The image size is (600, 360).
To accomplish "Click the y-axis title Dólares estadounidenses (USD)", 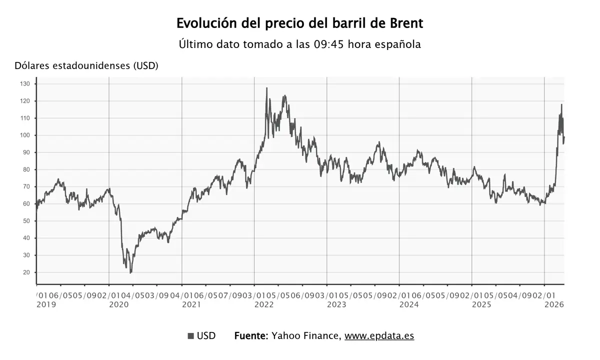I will (x=86, y=65).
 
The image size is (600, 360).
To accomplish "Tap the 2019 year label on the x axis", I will (x=46, y=304).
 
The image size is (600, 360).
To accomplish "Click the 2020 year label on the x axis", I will (x=119, y=304).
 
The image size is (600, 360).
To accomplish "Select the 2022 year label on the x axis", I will (x=264, y=304).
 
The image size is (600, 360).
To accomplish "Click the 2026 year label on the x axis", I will (x=554, y=304).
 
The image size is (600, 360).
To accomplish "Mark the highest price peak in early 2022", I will (x=266, y=88).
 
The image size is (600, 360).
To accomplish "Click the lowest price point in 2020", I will (x=130, y=272).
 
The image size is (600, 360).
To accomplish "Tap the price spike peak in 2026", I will (x=561, y=104).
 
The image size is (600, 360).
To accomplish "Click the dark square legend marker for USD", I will (x=190, y=336).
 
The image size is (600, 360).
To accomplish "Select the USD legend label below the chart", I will (x=206, y=336).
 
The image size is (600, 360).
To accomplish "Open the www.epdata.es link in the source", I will (x=379, y=336).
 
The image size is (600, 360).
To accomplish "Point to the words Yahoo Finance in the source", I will (x=306, y=336).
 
